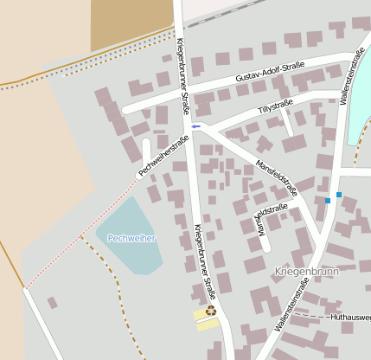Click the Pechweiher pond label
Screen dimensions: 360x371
tap(131, 237)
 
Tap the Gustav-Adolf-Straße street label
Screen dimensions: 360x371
tap(270, 72)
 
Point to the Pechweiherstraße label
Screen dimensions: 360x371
tap(163, 156)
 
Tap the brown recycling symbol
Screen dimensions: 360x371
tap(210, 311)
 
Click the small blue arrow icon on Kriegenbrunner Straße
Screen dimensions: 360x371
tap(195, 126)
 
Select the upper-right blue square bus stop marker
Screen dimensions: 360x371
tap(339, 194)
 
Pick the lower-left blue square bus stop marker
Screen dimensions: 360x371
tap(328, 201)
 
